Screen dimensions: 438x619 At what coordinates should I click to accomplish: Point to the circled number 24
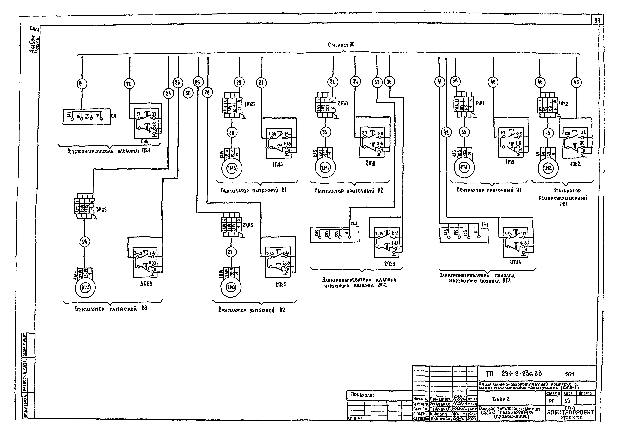(x=85, y=242)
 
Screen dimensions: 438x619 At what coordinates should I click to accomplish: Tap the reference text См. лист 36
(x=341, y=45)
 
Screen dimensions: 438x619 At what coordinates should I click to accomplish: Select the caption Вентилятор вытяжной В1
(x=253, y=191)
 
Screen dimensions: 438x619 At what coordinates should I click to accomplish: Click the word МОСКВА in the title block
(x=571, y=418)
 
